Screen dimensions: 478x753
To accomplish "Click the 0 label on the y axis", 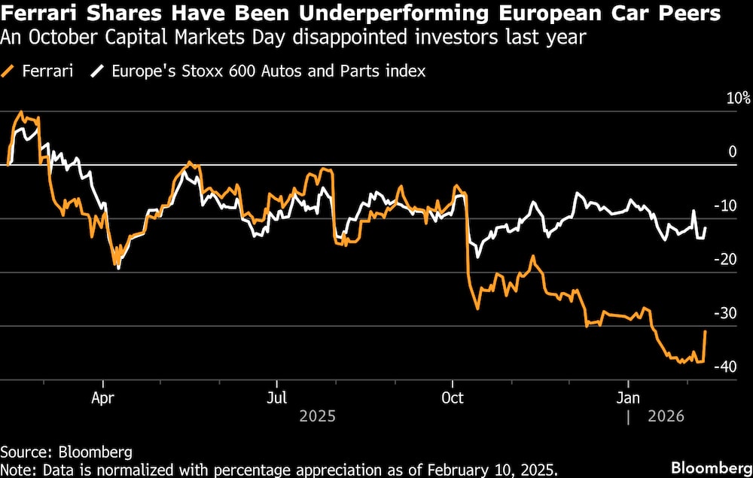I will coord(732,152).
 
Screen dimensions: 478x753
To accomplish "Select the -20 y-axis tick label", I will coord(725,260).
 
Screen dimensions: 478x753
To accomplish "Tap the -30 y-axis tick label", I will coord(725,313).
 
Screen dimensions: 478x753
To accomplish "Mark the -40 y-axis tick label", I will coord(725,367).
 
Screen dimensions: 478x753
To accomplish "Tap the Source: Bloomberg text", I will coord(66,452).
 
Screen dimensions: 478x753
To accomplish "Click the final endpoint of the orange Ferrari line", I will coord(706,331).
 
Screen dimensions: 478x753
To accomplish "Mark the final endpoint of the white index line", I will coord(706,227).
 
